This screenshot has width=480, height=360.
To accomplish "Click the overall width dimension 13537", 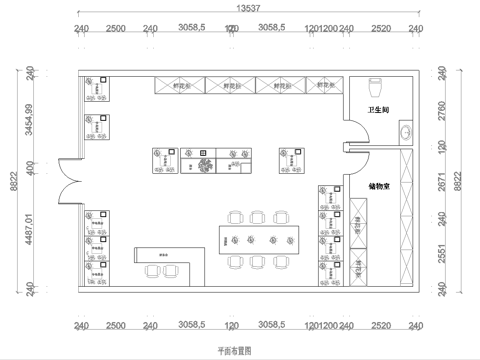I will (x=250, y=8).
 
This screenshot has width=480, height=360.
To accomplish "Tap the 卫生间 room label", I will (x=377, y=111).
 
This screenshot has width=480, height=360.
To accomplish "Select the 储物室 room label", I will (x=378, y=186).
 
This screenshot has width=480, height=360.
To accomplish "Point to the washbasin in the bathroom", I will (x=406, y=131).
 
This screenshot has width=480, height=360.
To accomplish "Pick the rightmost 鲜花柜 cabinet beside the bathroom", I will (x=325, y=86).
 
